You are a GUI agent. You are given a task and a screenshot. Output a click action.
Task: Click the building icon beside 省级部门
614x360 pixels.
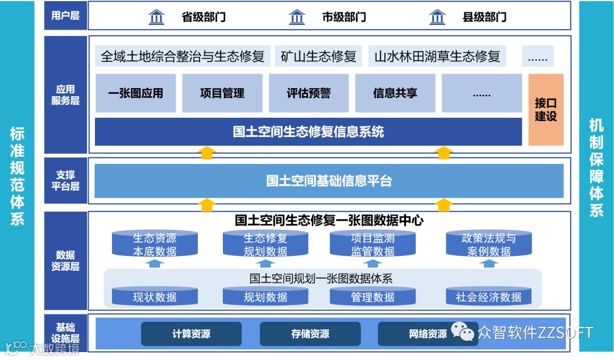pyautogui.click(x=156, y=17)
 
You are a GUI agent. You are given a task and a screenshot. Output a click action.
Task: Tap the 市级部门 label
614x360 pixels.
pyautogui.click(x=344, y=17)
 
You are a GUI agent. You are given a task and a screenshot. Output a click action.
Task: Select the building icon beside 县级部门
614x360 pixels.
pyautogui.click(x=437, y=17)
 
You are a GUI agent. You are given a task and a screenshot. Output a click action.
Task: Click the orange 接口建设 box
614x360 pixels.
pyautogui.click(x=546, y=109)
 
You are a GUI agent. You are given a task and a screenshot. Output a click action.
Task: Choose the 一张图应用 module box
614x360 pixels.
pyautogui.click(x=135, y=93)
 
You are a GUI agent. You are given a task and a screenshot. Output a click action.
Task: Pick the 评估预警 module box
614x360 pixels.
pyautogui.click(x=309, y=93)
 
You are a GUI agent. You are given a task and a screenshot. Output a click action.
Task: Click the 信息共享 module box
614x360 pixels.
pyautogui.click(x=395, y=93)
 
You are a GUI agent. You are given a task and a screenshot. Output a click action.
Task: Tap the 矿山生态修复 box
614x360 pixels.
pyautogui.click(x=318, y=56)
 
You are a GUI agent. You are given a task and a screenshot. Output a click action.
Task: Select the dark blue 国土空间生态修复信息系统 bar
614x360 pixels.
pyautogui.click(x=308, y=132)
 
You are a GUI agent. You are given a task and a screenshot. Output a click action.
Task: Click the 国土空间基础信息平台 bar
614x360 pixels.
pyautogui.click(x=329, y=181)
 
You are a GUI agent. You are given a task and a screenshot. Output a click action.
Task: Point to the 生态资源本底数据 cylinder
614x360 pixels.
pyautogui.click(x=155, y=244)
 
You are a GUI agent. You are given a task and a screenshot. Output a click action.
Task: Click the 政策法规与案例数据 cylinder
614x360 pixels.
pyautogui.click(x=489, y=244)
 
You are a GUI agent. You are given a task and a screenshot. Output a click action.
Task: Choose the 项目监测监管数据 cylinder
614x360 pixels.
pyautogui.click(x=372, y=244)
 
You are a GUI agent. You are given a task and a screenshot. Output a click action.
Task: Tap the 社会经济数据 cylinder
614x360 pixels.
pyautogui.click(x=489, y=296)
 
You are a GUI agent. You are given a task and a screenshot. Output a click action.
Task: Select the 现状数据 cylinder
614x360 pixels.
pyautogui.click(x=155, y=296)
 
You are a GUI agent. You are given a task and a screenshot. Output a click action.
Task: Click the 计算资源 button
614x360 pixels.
pyautogui.click(x=191, y=334)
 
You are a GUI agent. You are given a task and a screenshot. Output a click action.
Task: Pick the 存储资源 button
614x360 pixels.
pyautogui.click(x=310, y=334)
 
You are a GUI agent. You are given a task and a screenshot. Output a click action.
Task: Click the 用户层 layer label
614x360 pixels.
pyautogui.click(x=65, y=15)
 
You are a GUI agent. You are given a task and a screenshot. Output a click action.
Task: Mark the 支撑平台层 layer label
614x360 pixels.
pyautogui.click(x=65, y=180)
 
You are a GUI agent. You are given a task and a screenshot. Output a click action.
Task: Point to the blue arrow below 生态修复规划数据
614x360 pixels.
pyautogui.click(x=265, y=263)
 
